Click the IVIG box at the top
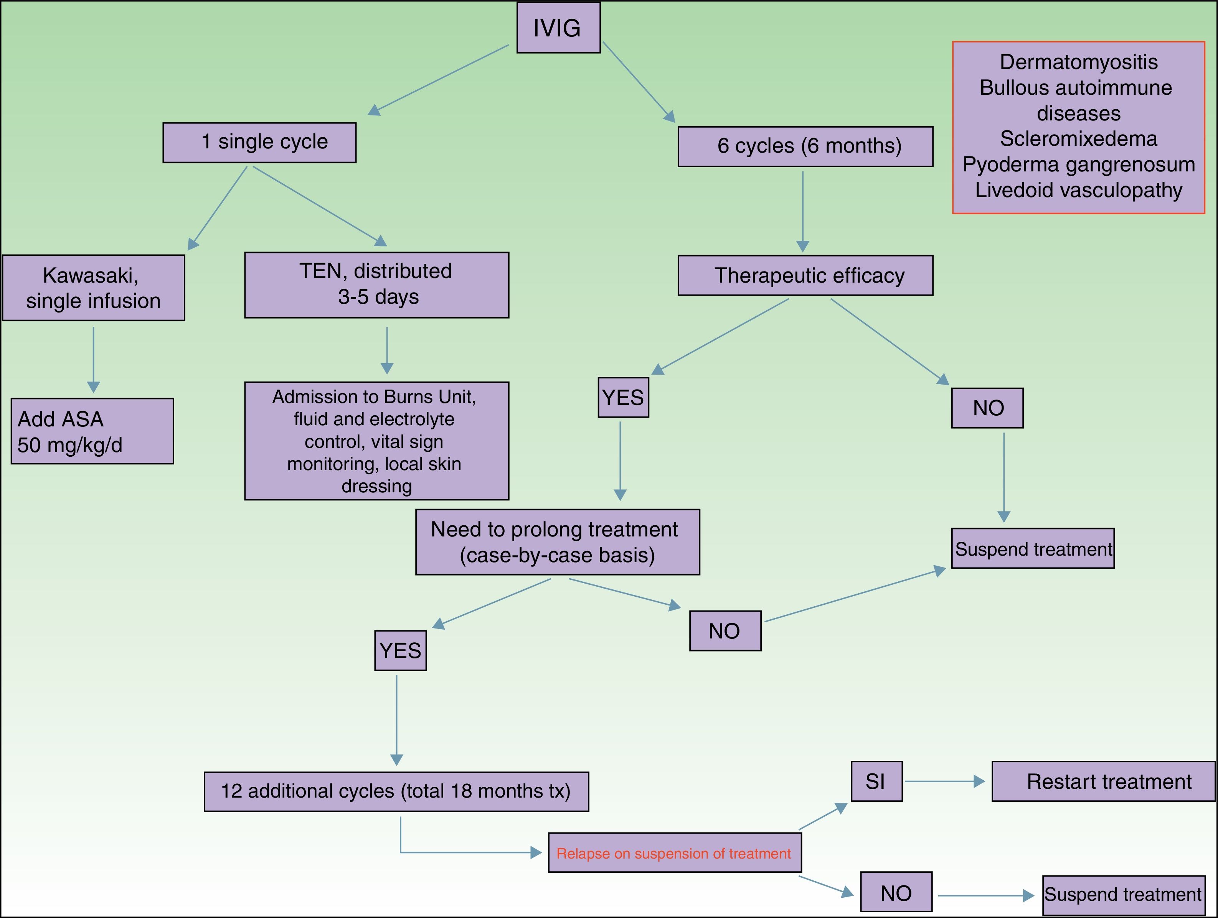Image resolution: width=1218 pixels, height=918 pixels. point(558,28)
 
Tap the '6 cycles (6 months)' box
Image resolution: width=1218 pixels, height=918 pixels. point(805,146)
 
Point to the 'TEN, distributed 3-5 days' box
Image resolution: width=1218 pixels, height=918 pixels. point(376,285)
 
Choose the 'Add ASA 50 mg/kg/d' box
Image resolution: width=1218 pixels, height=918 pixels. point(92,431)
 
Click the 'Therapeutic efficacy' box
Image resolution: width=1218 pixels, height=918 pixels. point(805,275)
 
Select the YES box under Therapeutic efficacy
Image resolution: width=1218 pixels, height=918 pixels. point(623,397)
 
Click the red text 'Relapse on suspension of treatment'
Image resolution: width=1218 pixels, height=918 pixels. point(674,853)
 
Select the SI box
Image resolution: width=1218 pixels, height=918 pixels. point(876,781)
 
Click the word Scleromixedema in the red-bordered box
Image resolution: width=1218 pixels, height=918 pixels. point(1078,139)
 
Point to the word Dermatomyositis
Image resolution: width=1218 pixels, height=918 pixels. point(1078,62)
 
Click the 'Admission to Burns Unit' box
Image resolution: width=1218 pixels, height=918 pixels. point(376,441)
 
